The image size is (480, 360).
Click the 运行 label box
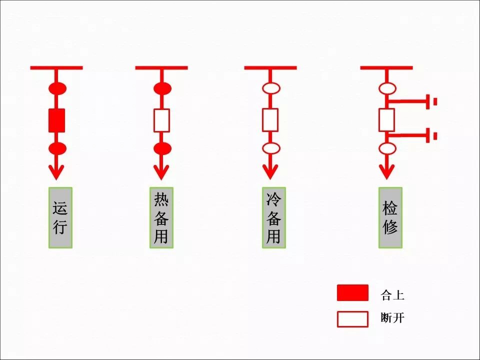click(x=60, y=217)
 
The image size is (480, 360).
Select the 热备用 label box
click(x=161, y=217)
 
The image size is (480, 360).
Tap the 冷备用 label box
click(x=273, y=217)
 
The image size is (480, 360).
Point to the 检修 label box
click(x=390, y=217)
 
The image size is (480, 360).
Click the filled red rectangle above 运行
click(x=56, y=120)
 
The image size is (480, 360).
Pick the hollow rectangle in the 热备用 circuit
click(x=161, y=120)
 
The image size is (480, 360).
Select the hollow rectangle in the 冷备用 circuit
click(x=270, y=120)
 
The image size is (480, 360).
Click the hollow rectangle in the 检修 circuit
click(x=386, y=120)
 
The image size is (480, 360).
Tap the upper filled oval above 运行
click(x=57, y=89)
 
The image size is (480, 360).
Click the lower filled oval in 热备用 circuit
click(x=162, y=148)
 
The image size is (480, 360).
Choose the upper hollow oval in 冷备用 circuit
click(x=271, y=89)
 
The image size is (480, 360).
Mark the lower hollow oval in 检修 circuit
click(x=387, y=148)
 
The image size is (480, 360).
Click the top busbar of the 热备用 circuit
click(x=161, y=67)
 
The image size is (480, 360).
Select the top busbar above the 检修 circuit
click(x=386, y=67)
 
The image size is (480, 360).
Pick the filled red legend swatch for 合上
click(x=352, y=293)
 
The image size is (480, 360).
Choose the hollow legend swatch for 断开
click(x=352, y=319)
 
